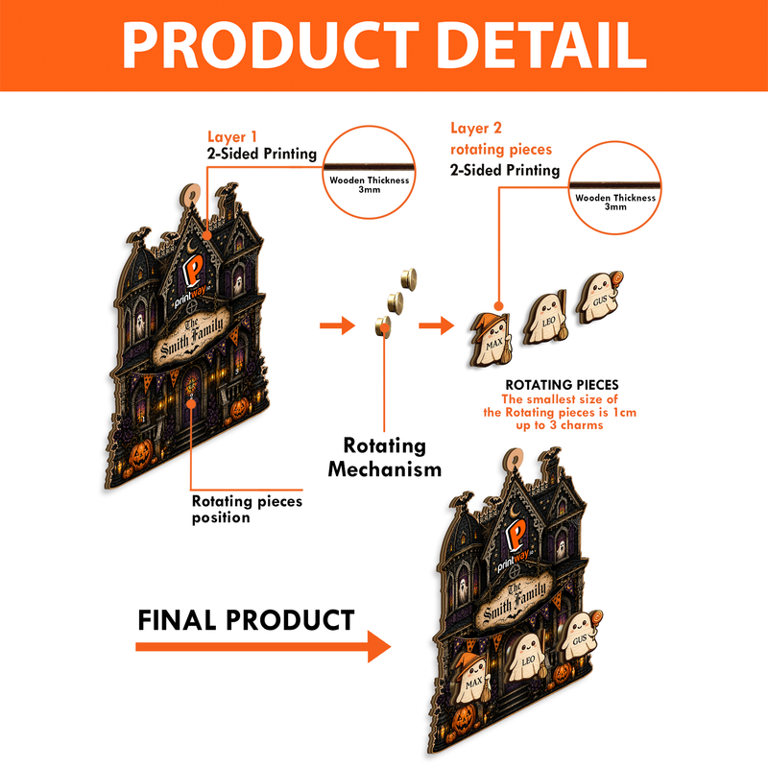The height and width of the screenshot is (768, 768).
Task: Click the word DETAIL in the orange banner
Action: [x=541, y=45]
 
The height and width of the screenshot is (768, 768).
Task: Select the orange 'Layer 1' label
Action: [x=232, y=136]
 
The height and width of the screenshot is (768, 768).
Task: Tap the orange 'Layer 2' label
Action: [x=476, y=129]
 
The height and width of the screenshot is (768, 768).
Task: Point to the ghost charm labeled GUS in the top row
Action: [x=600, y=296]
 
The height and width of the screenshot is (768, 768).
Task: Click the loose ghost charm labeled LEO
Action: [x=545, y=318]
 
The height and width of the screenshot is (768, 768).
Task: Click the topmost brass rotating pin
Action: [x=409, y=279]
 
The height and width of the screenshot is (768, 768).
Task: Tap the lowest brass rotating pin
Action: [x=383, y=326]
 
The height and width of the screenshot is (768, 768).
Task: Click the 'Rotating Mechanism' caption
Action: [x=385, y=458]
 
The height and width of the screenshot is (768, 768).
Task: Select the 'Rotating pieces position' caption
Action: [x=247, y=509]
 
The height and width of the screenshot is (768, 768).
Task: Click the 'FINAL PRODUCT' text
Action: [x=246, y=620]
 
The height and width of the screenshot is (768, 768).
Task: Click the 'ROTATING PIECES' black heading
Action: [x=562, y=385]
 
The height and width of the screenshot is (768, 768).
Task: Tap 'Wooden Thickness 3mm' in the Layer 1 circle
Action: [x=370, y=184]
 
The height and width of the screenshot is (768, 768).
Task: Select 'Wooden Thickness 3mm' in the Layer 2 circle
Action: [x=615, y=202]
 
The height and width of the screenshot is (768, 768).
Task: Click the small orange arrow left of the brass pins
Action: [x=337, y=325]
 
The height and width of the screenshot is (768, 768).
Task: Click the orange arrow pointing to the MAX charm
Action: [x=437, y=325]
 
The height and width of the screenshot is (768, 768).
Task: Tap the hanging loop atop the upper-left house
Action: [x=190, y=195]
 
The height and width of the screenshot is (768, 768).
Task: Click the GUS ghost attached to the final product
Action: [x=581, y=636]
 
